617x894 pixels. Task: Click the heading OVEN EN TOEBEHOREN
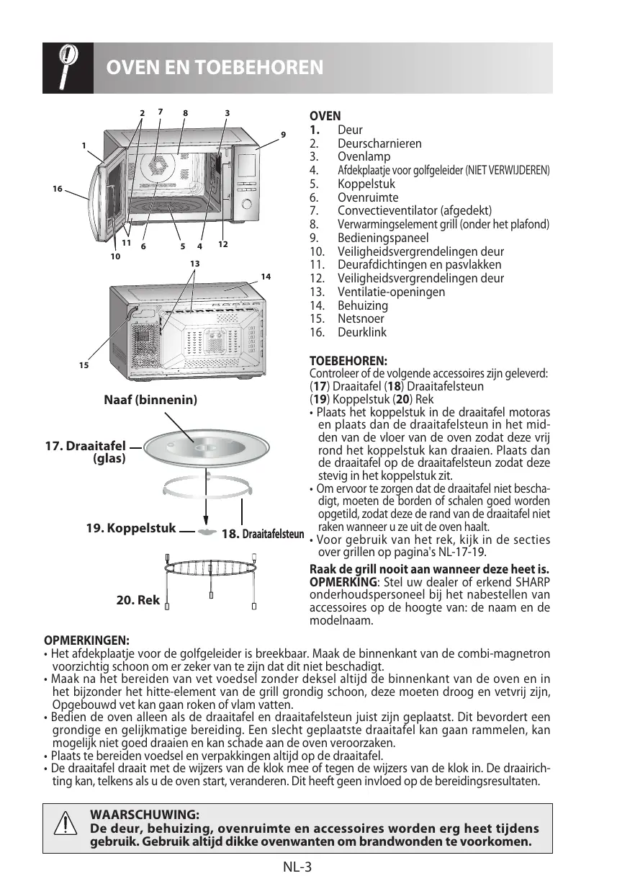click(215, 68)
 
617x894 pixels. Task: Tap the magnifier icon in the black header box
click(67, 67)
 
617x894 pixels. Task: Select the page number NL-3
click(297, 867)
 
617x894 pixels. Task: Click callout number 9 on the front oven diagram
click(283, 134)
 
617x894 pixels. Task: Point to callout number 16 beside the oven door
click(57, 189)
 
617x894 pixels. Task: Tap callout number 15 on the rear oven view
click(83, 366)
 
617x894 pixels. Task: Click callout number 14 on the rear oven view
click(266, 277)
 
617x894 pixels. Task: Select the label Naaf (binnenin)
click(151, 399)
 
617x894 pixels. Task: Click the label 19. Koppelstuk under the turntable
click(130, 528)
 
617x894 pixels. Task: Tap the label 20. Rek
click(138, 599)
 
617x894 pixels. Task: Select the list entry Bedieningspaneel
click(382, 238)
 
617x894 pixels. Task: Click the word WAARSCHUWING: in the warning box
click(144, 815)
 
